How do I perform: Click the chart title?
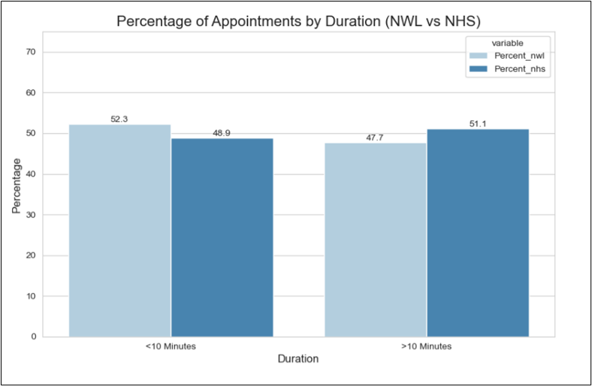click(x=298, y=20)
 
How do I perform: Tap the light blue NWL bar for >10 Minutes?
click(x=376, y=240)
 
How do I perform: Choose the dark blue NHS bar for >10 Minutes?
click(x=478, y=232)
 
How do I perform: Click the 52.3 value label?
click(x=119, y=119)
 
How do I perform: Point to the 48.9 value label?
click(x=222, y=132)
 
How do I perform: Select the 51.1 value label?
click(x=479, y=123)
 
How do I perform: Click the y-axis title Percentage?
click(x=16, y=185)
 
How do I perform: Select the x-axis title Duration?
click(x=298, y=359)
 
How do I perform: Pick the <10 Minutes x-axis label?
click(x=171, y=346)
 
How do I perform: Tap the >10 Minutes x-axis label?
click(x=427, y=346)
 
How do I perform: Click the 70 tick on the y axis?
click(x=29, y=52)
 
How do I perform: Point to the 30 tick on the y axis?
click(x=29, y=215)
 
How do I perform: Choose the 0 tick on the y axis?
click(x=32, y=336)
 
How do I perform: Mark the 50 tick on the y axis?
click(x=29, y=134)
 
